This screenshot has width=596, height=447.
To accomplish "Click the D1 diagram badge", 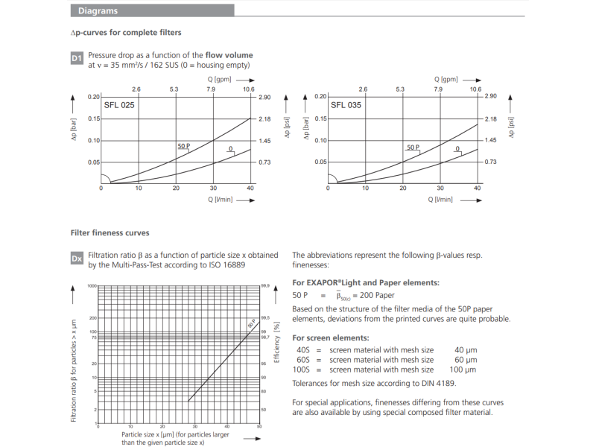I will tap(77, 58).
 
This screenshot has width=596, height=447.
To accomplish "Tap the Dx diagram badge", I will tap(77, 258).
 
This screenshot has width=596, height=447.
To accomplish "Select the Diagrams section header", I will tap(98, 11).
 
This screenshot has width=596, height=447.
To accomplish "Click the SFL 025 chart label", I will tap(119, 106).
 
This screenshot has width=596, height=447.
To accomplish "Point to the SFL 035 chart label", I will tap(346, 106).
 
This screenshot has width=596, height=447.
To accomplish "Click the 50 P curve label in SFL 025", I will tap(183, 147).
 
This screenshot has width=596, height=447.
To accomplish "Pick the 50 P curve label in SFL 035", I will tap(413, 148).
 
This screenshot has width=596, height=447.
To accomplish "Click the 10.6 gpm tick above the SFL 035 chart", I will tap(475, 89).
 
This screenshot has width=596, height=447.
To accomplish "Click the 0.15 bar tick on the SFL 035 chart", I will tap(320, 118).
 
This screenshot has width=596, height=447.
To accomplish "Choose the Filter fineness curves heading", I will tap(110, 232).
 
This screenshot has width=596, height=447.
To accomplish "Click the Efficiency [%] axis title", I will tap(276, 343).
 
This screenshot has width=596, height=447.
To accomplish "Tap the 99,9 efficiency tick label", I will tap(264, 286).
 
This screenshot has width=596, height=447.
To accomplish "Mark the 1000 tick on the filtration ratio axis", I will tap(92, 286).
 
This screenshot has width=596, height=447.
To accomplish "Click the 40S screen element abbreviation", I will tap(302, 350).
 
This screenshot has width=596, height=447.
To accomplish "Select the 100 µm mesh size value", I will tap(465, 370).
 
